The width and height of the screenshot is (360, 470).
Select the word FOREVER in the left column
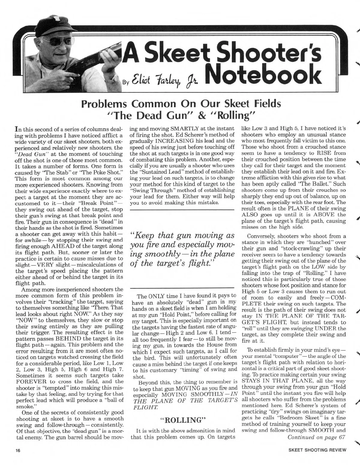coord(29,382)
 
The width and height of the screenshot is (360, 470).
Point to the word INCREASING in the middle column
coord(172,141)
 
